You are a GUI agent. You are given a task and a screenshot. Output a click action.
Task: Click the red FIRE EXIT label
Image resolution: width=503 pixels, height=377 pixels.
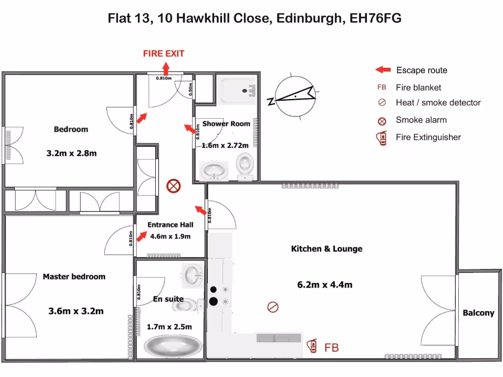tap(164, 54)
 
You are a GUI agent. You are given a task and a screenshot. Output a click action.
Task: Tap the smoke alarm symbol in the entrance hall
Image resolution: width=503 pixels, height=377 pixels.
tap(172, 186)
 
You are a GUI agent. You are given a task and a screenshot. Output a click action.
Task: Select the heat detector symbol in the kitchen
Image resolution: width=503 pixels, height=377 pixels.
tap(273, 307)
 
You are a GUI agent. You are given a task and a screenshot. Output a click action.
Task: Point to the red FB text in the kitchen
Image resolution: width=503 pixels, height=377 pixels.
tap(332, 348)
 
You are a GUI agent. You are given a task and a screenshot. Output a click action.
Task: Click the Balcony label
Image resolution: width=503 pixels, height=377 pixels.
tap(478, 313)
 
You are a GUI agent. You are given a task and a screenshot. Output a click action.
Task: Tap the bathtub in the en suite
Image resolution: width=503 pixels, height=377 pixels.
tap(172, 346)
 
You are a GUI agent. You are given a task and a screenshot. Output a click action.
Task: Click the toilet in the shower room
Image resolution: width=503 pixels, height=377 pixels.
tap(244, 165)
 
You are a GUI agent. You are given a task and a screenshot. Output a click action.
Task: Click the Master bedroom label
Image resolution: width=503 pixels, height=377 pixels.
tap(74, 276)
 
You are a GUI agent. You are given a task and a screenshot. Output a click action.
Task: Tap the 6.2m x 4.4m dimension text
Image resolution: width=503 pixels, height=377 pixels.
tap(325, 285)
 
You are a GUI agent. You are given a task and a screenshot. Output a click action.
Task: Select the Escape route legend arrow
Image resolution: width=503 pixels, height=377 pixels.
tap(383, 70)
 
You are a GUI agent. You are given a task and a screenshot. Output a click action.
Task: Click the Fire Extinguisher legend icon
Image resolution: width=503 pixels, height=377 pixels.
tap(381, 138)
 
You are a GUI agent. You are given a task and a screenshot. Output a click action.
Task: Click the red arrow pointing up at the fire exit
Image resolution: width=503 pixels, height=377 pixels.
tap(164, 67)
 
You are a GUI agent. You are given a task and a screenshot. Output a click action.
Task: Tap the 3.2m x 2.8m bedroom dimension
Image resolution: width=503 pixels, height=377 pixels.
tap(71, 153)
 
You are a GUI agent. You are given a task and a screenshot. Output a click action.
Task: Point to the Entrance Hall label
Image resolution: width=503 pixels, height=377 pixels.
tap(170, 225)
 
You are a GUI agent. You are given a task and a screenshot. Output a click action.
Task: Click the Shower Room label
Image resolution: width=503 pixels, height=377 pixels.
tap(226, 124)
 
